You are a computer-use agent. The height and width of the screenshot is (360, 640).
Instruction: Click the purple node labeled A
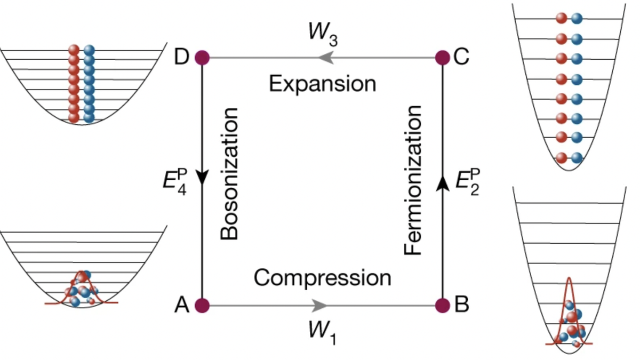202,305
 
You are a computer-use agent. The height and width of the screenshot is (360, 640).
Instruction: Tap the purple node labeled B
443,305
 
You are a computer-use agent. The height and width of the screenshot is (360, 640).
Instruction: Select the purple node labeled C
443,57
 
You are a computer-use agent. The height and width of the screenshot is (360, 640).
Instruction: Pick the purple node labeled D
202,57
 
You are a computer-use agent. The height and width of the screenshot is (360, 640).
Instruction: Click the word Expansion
323,84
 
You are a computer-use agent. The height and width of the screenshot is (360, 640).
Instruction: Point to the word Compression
323,278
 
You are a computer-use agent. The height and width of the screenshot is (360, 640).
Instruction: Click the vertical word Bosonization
229,173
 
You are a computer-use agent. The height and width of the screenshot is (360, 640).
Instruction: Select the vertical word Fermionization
413,180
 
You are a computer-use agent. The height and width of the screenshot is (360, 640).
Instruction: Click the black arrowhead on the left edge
202,178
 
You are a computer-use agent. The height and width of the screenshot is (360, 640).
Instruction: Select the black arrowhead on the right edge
443,184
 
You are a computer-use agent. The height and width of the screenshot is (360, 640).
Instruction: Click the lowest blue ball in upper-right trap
576,158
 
